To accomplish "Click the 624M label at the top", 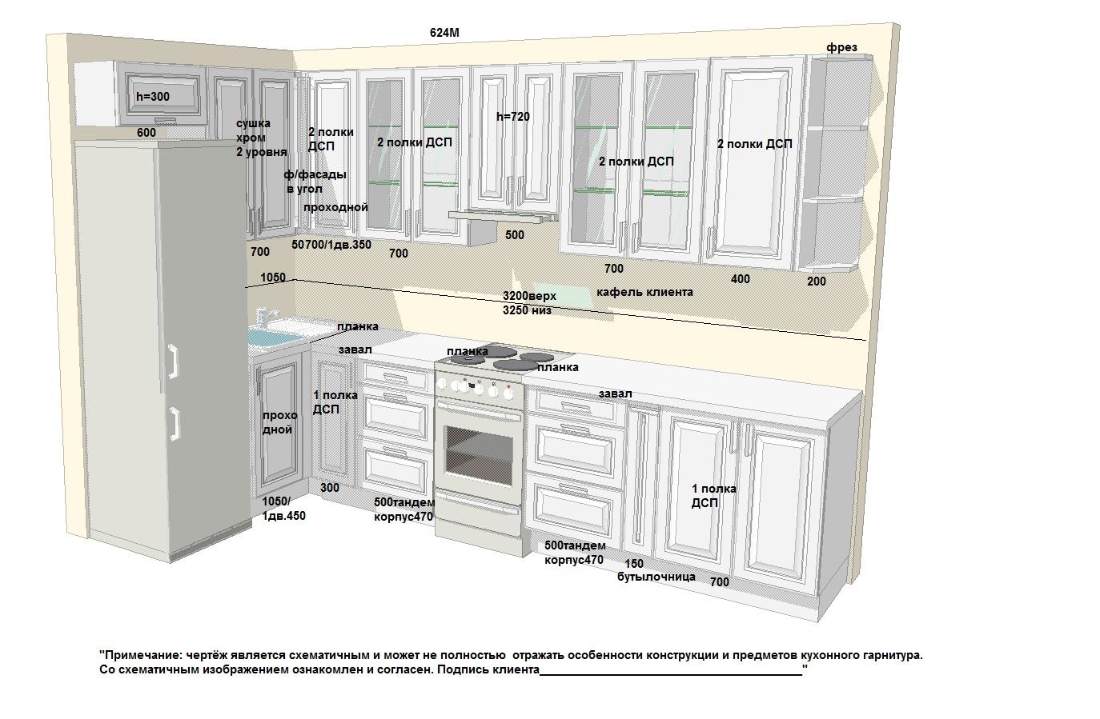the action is (444, 32).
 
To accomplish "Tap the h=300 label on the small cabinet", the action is (153, 97).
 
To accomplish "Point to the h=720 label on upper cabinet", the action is (513, 117).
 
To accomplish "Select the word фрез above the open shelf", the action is (841, 47).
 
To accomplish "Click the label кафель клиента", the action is (644, 292).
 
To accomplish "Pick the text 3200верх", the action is (529, 296).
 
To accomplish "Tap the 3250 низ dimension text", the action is (527, 310).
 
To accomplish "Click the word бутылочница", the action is (656, 577).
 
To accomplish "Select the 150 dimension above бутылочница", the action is (634, 564).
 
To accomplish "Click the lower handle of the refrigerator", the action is (175, 424).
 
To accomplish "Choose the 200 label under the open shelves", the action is (817, 282).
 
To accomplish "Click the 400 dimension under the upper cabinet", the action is (741, 279).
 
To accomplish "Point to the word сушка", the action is (254, 124).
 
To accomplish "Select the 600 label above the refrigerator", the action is (147, 133).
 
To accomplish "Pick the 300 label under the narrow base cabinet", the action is (330, 488).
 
